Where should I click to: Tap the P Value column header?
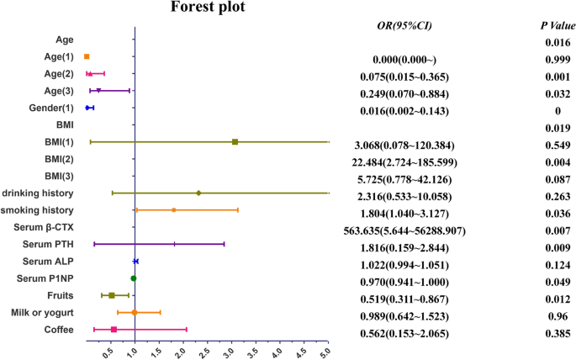click(x=558, y=26)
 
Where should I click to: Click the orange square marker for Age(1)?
click(x=87, y=56)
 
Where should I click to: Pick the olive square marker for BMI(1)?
click(x=235, y=142)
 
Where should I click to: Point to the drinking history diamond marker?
click(x=198, y=193)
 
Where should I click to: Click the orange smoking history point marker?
click(x=174, y=209)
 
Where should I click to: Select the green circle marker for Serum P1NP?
click(x=134, y=278)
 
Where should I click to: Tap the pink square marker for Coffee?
click(x=114, y=329)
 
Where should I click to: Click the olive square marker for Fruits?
click(x=112, y=295)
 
